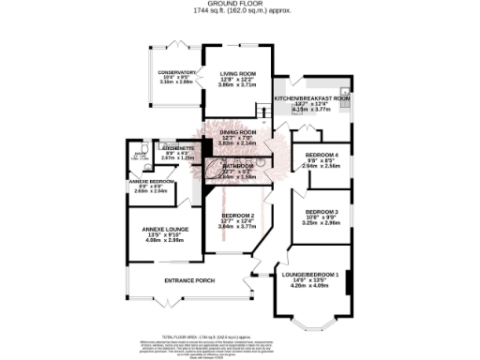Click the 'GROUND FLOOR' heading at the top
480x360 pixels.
point(239,4)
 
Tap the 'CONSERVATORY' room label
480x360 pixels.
point(176,71)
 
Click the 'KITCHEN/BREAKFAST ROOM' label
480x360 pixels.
point(312,97)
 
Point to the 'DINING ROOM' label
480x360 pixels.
point(237,132)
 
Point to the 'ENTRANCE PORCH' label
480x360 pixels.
point(190,281)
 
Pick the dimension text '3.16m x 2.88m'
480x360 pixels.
point(176,82)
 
